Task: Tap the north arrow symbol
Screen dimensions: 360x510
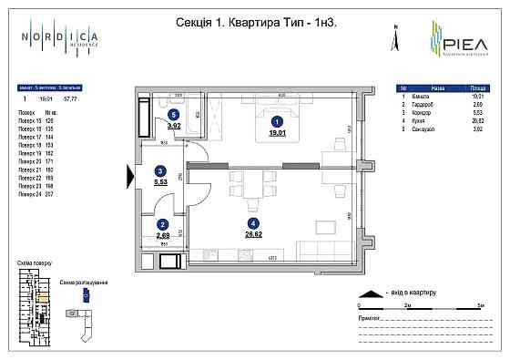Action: point(394,39)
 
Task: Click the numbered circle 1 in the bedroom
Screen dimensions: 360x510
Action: point(278,120)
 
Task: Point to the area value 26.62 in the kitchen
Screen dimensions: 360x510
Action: point(253,232)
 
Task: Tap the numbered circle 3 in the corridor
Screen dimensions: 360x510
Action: point(160,170)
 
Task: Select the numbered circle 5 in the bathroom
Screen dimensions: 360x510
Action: point(173,114)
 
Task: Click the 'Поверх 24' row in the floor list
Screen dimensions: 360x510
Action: point(30,194)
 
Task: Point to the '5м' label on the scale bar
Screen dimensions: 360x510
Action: point(481,303)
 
